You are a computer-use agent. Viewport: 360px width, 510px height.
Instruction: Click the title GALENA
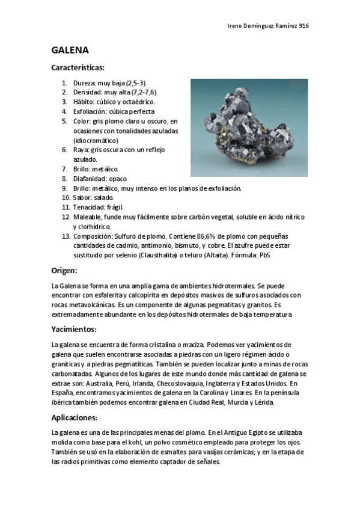pyautogui.click(x=70, y=50)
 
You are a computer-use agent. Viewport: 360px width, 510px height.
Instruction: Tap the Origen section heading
pyautogui.click(x=66, y=271)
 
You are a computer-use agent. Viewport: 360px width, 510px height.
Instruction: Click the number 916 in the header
pyautogui.click(x=304, y=26)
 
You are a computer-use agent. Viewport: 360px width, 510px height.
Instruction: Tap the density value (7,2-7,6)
pyautogui.click(x=140, y=93)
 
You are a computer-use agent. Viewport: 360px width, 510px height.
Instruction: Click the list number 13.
pyautogui.click(x=66, y=236)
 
